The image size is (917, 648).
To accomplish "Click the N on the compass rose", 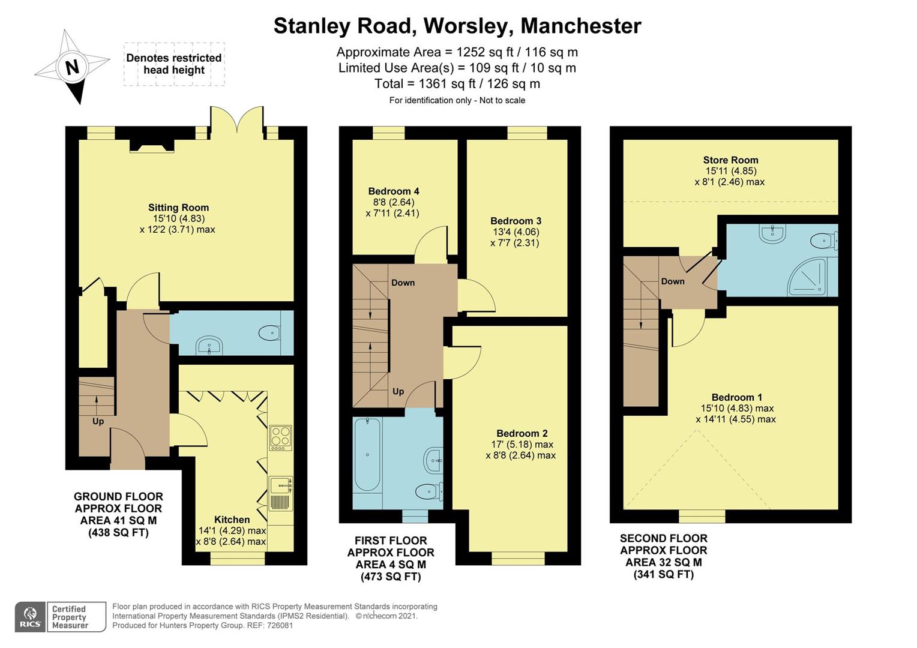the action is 73,67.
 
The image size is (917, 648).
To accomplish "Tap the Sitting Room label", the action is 178,208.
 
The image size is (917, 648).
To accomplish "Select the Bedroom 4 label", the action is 394,191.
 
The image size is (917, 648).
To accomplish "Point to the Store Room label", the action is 730,160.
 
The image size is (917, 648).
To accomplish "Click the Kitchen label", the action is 232,520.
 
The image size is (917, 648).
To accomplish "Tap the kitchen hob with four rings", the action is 280,438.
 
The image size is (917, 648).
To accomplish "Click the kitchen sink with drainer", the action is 281,493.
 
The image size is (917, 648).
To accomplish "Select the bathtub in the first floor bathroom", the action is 367,454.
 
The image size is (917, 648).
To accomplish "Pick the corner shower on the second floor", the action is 807,277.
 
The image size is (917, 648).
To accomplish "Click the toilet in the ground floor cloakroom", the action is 271,332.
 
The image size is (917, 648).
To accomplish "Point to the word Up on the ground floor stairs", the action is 98,421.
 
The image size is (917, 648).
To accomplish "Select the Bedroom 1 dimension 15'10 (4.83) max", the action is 737,408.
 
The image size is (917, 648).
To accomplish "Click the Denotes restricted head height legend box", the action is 174,64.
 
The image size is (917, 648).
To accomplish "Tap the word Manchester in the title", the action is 580,26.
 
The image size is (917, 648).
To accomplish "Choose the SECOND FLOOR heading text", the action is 663,538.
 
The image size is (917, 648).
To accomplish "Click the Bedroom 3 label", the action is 516,221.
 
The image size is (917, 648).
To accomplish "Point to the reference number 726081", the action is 280,625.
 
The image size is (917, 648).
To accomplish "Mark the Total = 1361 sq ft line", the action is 457,84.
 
